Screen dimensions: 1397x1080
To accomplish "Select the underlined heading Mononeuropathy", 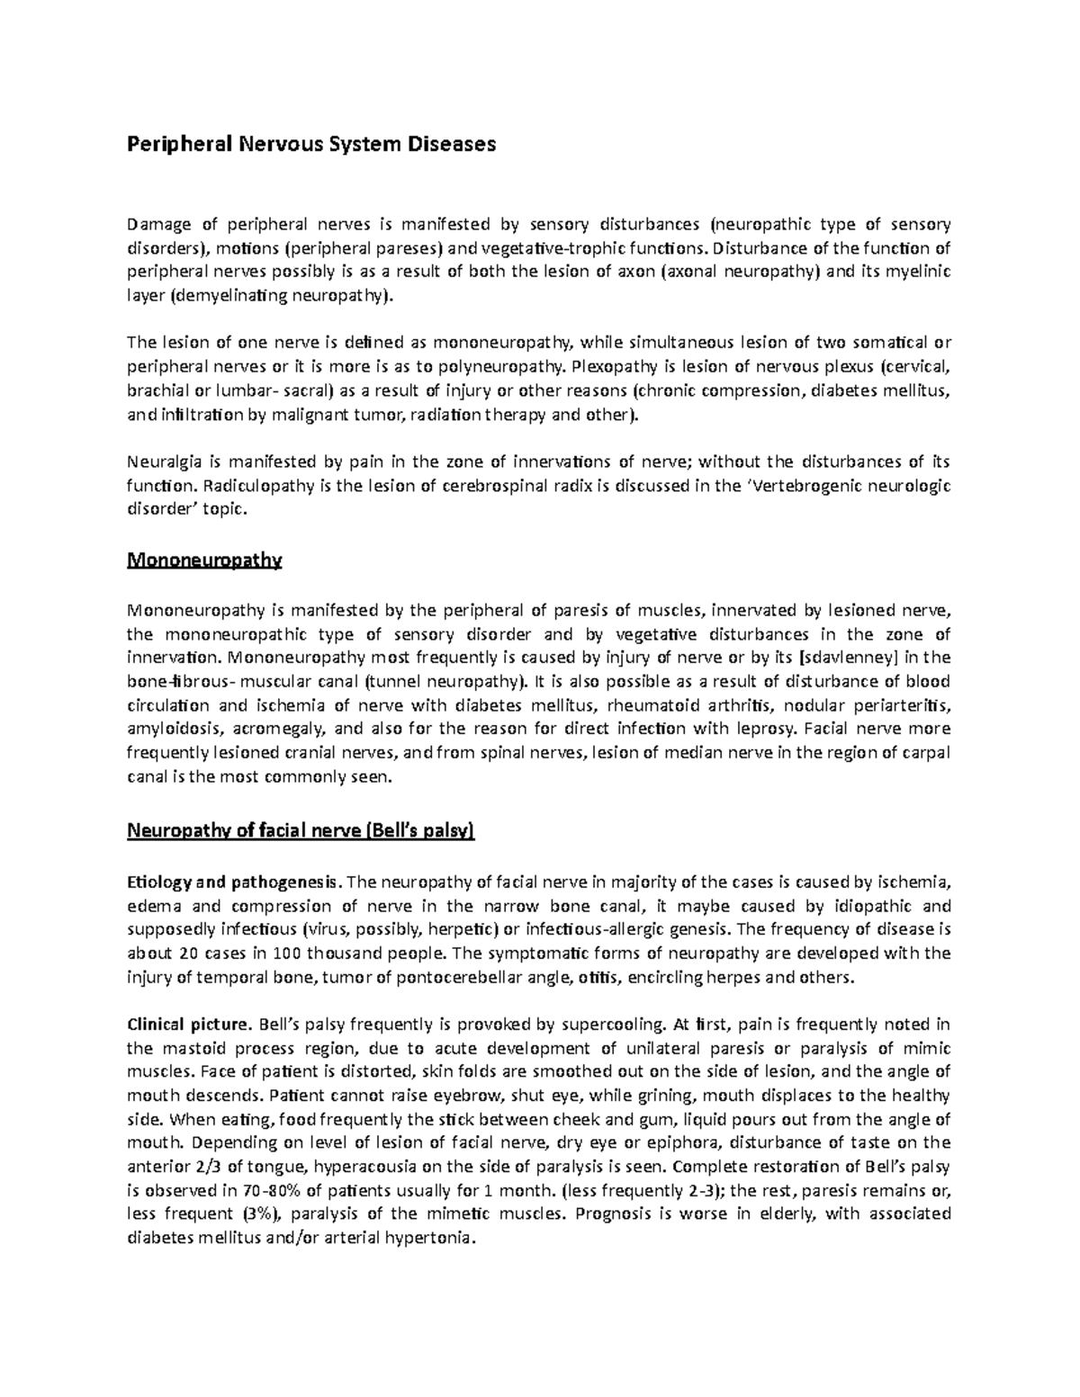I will (x=204, y=561).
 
